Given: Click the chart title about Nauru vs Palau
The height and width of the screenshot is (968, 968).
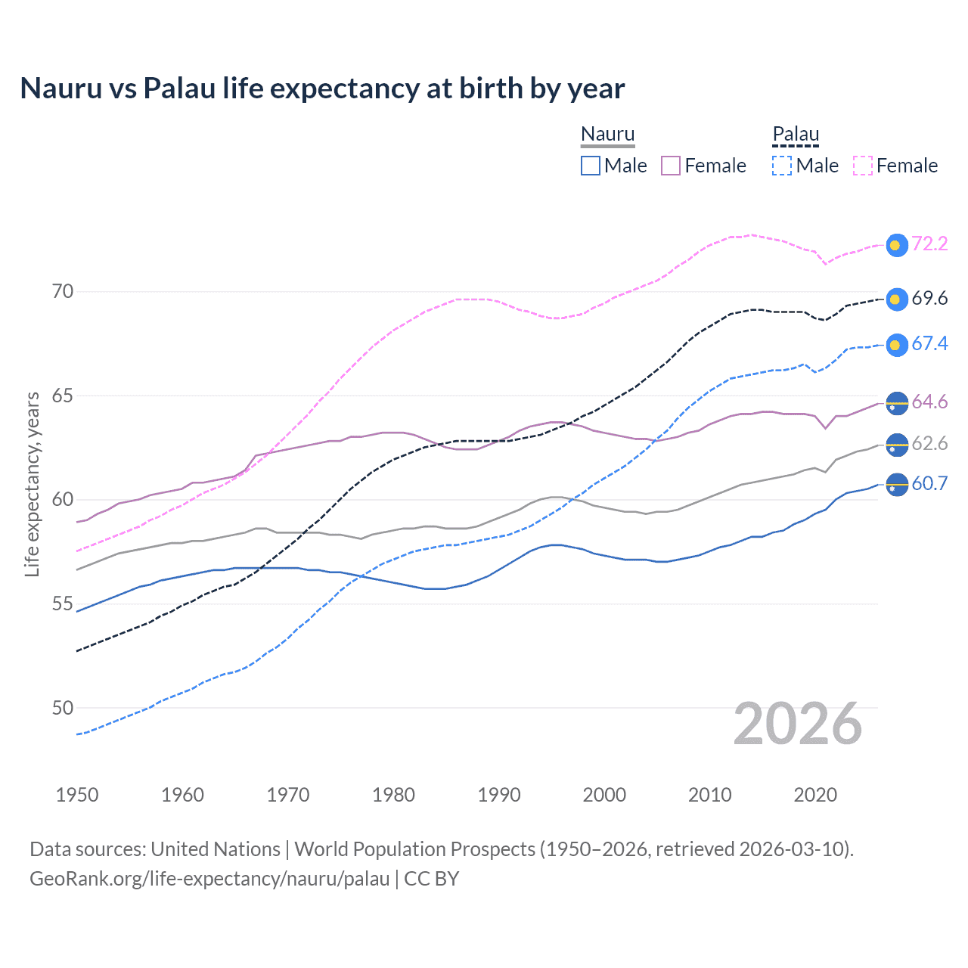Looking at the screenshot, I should [322, 88].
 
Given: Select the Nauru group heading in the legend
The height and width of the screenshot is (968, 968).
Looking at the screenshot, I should [607, 134].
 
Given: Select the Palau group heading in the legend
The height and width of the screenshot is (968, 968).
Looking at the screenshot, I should [796, 134].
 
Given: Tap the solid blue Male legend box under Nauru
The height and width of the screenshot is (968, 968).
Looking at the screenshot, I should [591, 166].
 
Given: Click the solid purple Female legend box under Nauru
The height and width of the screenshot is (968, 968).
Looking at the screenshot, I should [671, 166].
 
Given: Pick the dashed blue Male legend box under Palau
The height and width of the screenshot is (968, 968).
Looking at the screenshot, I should [782, 166].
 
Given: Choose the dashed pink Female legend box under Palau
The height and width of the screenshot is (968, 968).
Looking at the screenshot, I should [863, 166].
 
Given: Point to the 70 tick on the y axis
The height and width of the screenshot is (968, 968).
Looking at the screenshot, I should [63, 291].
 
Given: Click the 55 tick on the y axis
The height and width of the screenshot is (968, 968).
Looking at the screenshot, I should [63, 603].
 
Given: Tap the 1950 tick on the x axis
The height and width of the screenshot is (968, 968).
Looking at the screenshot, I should [77, 795].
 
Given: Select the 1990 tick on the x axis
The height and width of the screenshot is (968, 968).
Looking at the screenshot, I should [499, 795].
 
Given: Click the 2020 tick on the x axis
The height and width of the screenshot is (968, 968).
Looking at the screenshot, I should [815, 795].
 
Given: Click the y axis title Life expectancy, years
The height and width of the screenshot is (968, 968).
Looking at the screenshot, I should [32, 484].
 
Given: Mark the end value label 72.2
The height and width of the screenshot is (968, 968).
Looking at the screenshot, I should [929, 244].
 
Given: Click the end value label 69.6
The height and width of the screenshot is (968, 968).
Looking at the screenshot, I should [929, 298].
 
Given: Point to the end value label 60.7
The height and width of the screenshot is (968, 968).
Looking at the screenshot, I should [929, 483].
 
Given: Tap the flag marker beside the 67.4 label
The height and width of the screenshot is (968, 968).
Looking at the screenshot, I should [896, 345].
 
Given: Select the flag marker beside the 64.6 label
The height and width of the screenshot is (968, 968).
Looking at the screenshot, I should [896, 402].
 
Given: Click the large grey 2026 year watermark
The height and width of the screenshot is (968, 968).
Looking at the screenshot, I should [797, 724].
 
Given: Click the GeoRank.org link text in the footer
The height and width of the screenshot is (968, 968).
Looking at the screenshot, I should [209, 879].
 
